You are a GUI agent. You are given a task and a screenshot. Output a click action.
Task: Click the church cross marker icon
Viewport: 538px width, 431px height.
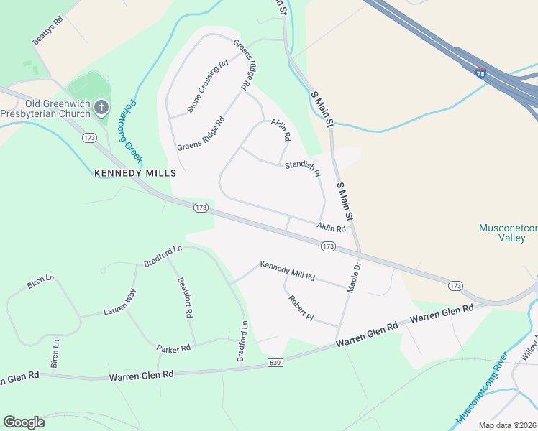(x=101, y=108)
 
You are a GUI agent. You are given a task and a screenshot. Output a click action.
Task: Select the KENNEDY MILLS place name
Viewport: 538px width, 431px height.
(x=135, y=173)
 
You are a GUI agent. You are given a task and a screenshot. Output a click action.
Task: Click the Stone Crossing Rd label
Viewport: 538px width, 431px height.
(x=207, y=86)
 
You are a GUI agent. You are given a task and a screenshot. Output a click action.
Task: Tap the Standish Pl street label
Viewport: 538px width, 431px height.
(x=302, y=170)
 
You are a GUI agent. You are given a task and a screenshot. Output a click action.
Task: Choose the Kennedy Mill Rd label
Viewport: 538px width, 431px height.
(x=287, y=271)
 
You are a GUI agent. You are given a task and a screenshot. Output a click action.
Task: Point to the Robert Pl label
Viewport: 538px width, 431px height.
(x=301, y=308)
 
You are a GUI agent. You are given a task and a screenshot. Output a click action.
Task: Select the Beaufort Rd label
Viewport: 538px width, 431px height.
(x=185, y=298)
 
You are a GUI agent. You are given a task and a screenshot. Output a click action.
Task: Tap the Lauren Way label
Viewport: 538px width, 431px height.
(x=119, y=303)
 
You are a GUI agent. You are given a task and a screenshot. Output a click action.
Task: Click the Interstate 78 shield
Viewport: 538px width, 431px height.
(x=480, y=73)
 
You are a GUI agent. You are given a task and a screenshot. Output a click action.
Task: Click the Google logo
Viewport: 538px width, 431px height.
(x=24, y=422)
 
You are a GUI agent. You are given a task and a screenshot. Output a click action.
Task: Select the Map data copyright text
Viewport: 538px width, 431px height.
(x=507, y=425)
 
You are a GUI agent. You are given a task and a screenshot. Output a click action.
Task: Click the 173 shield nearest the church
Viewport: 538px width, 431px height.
(x=90, y=137)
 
